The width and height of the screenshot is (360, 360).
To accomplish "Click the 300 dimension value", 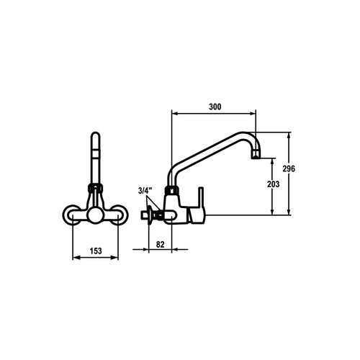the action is tap(215, 107).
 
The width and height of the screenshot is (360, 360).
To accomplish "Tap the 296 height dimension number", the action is tap(289, 169).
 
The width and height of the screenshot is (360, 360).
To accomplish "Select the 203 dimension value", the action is tap(274, 184).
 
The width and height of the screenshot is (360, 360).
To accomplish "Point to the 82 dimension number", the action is tap(161, 244).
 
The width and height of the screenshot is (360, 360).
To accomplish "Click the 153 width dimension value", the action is tap(96, 251).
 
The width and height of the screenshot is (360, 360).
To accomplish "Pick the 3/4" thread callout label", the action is tap(145, 191).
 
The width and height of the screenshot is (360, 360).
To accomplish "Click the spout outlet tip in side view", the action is tap(256, 156).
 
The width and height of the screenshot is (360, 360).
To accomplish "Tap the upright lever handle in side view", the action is tap(201, 197).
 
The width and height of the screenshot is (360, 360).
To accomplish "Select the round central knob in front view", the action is tap(95, 215).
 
